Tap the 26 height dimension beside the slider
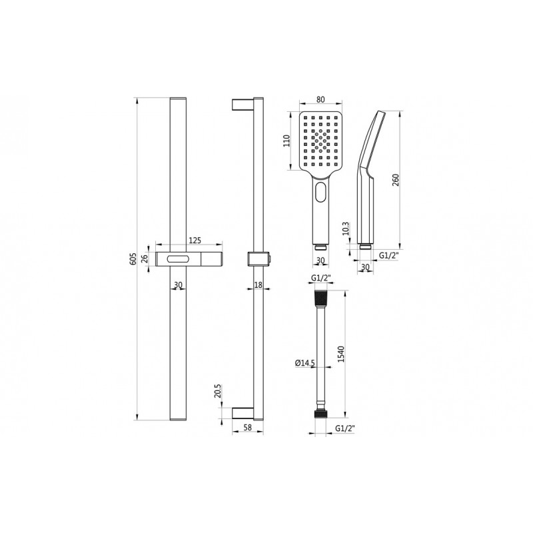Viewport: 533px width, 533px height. pos(146,259)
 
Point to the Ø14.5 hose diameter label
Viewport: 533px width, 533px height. pos(304,362)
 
